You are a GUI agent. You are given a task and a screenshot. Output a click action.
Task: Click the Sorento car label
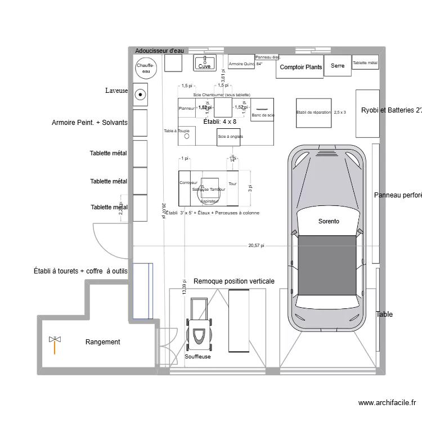329,222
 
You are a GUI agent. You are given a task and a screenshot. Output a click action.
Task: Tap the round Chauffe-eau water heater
146,68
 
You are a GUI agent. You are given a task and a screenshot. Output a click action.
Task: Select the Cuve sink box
205,63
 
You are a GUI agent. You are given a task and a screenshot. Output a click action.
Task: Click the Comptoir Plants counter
300,68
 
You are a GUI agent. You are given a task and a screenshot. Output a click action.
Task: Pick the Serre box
338,66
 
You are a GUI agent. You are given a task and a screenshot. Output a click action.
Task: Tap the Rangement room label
102,342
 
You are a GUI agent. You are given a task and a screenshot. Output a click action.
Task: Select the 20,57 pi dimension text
256,246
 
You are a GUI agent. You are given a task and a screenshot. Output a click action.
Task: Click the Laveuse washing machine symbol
140,95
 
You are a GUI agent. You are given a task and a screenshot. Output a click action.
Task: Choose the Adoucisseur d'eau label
160,51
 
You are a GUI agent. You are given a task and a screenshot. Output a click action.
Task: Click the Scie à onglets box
230,137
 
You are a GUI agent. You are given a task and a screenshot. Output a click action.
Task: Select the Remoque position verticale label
234,281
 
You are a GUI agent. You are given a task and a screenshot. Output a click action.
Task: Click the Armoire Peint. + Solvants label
89,123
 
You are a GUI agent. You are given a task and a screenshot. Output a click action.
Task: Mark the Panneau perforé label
398,195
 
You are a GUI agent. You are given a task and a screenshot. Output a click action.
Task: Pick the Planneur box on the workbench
186,108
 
